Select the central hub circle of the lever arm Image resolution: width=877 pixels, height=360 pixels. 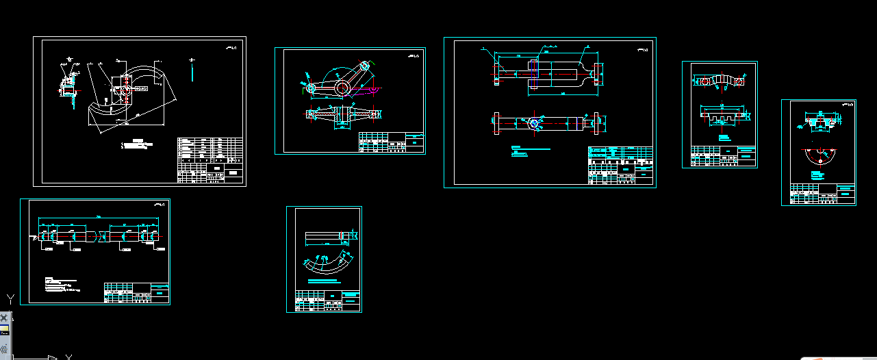tap(341, 86)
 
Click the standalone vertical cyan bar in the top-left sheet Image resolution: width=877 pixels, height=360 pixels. tap(194, 69)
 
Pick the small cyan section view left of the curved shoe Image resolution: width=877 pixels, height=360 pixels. tap(68, 85)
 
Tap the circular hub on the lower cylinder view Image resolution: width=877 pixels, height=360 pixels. tap(534, 123)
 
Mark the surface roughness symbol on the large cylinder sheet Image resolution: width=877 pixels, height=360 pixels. tap(641, 49)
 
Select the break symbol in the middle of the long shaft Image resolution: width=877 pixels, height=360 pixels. tap(101, 235)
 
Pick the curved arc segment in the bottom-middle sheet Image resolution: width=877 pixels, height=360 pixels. tap(329, 263)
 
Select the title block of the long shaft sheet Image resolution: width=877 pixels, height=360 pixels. tap(136, 292)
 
